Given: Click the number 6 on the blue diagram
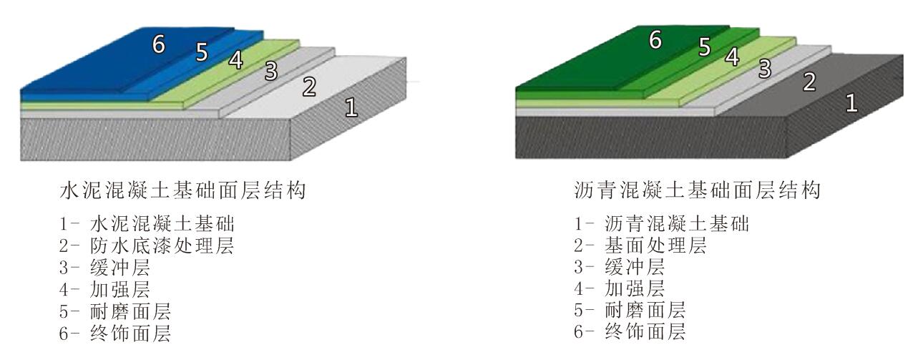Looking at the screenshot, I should (x=158, y=44).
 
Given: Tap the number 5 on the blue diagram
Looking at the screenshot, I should (x=202, y=52).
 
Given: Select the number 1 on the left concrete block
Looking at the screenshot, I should (x=351, y=107).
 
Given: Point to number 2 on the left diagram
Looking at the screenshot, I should (x=309, y=87).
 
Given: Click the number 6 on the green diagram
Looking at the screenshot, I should (x=655, y=39).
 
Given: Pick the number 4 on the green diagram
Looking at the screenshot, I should (x=732, y=56).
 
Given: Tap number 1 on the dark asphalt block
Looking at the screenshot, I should (x=851, y=102).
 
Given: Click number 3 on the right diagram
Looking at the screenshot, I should (x=765, y=69).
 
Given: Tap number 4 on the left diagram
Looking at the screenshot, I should (x=237, y=60).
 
